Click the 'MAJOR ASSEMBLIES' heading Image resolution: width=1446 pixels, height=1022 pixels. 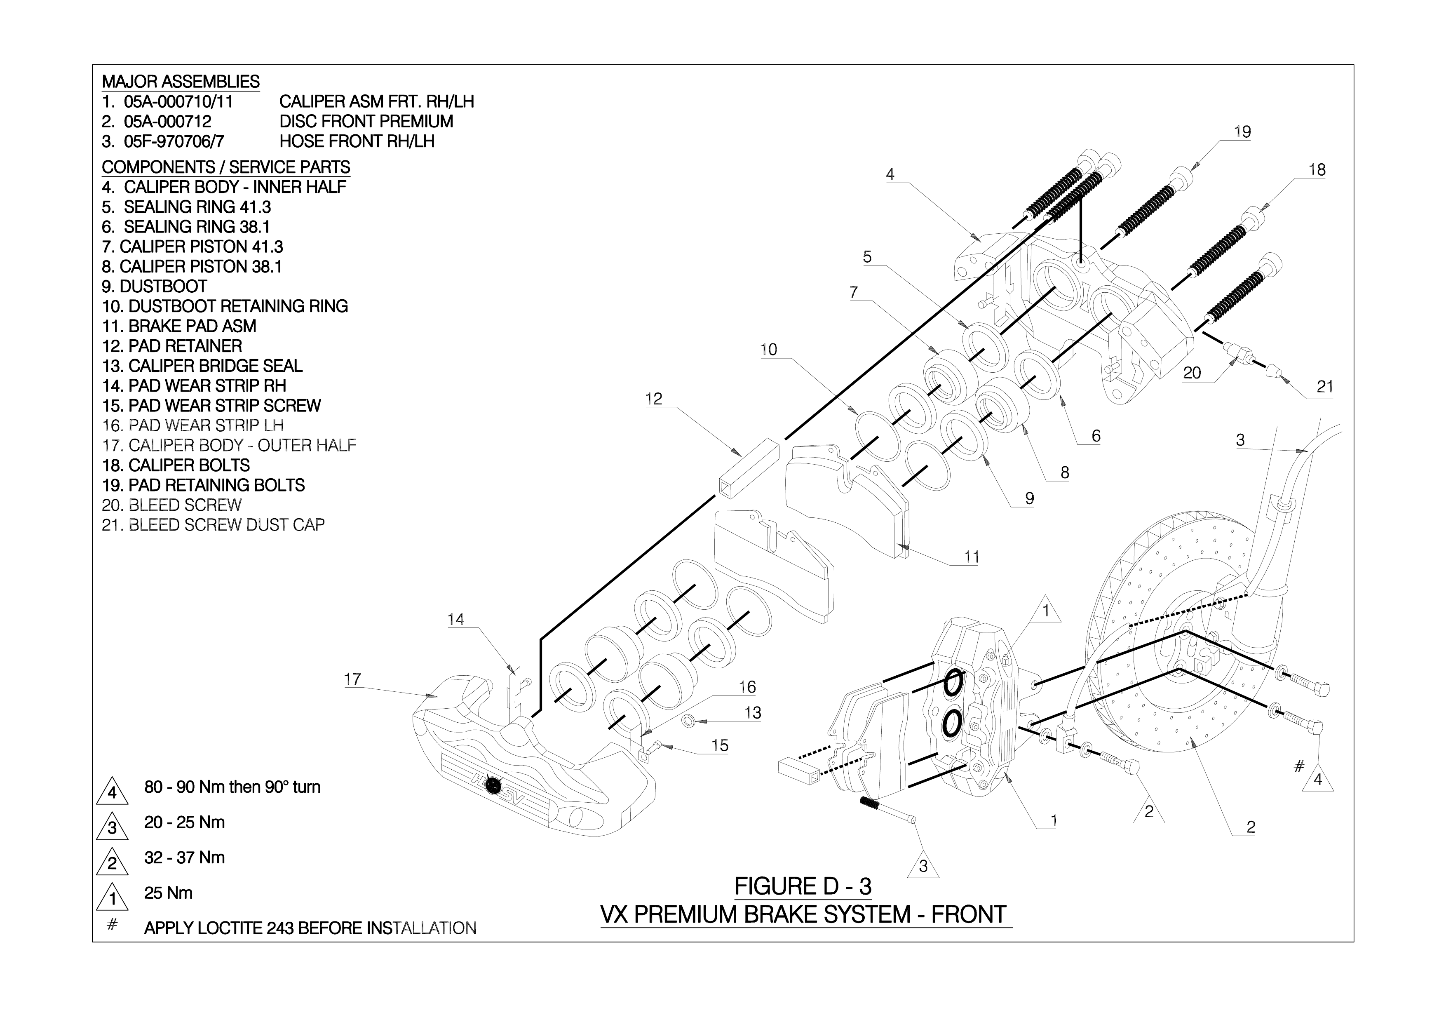coord(180,82)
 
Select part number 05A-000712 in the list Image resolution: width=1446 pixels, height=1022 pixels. coord(167,122)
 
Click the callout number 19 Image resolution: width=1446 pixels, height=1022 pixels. coord(1242,132)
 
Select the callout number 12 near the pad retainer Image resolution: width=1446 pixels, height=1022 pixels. coord(654,399)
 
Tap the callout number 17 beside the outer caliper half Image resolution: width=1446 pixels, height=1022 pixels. coord(353,679)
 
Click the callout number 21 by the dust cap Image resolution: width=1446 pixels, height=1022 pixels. coord(1325,387)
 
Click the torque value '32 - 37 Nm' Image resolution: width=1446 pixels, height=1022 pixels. coord(185,858)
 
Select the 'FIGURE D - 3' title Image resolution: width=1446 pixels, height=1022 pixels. coord(803,887)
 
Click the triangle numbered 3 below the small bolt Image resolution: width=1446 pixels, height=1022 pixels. coord(923,867)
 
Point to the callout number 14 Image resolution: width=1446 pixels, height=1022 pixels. coord(455,620)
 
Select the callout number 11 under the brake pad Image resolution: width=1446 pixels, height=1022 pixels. coord(972,557)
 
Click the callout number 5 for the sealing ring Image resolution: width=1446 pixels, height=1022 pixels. coord(867,257)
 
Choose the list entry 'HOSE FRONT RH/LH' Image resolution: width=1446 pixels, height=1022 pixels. coord(357,142)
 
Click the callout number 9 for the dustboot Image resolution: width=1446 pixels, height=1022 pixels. coord(1029,499)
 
